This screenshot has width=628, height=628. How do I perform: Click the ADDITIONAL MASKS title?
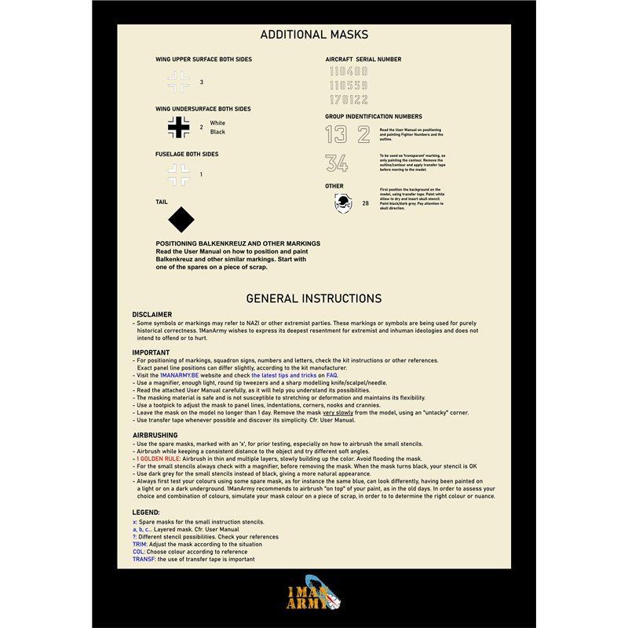coord(314,35)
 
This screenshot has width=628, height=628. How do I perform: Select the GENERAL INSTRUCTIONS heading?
coord(314,298)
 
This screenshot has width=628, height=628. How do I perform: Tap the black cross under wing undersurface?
coord(179,127)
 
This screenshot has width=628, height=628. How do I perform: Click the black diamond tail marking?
coord(181,220)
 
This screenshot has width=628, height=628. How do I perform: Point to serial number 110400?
coord(349,71)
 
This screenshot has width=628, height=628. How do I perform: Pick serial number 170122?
coord(349,100)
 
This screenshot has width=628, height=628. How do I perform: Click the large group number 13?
coord(336,134)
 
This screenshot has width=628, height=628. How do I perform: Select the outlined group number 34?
coord(337,163)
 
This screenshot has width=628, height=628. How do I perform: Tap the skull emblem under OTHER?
coord(343,204)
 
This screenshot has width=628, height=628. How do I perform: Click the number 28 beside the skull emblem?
coord(365,203)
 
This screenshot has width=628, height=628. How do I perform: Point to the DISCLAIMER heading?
coord(152,315)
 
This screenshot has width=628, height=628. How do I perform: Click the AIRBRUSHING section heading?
coord(155,435)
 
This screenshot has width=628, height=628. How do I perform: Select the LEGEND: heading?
coord(146,512)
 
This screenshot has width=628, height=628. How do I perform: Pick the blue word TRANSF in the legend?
coord(144,559)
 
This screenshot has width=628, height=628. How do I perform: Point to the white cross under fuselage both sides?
coord(179,174)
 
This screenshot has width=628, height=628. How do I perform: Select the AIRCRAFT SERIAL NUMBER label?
coord(363,60)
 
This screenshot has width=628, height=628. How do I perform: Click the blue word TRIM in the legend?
coord(140,543)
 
